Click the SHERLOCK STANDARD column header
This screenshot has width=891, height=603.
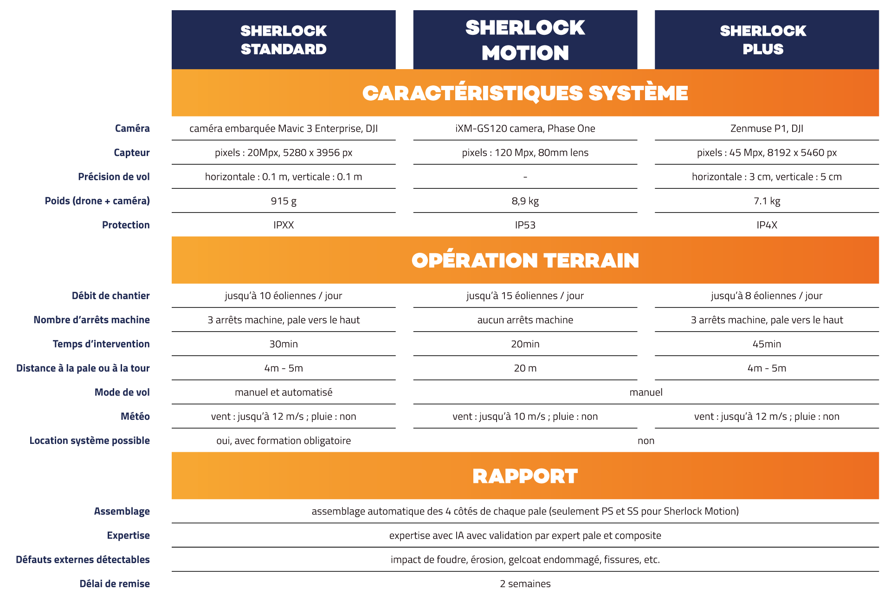click(284, 40)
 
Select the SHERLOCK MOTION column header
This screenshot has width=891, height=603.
click(525, 40)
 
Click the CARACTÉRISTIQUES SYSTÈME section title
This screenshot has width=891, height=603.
click(525, 93)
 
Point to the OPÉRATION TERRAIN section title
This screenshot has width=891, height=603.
click(525, 260)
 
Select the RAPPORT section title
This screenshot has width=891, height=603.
click(525, 476)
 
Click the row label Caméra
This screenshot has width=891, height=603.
click(132, 128)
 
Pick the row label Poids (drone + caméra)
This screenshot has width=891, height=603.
click(97, 201)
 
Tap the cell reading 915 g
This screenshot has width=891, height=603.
click(284, 201)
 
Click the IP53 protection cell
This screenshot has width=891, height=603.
click(525, 225)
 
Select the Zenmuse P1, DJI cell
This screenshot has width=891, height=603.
click(767, 128)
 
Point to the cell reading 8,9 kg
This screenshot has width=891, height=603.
click(525, 201)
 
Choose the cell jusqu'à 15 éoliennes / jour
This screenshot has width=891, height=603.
click(525, 295)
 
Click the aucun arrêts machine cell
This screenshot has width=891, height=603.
click(525, 320)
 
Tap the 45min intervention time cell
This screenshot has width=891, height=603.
click(767, 344)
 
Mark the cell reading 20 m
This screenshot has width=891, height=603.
click(525, 368)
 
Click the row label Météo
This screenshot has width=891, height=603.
click(135, 416)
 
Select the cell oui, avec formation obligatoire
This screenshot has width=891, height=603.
click(284, 440)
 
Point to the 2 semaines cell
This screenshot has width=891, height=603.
click(525, 584)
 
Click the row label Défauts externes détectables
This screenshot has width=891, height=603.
click(83, 559)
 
